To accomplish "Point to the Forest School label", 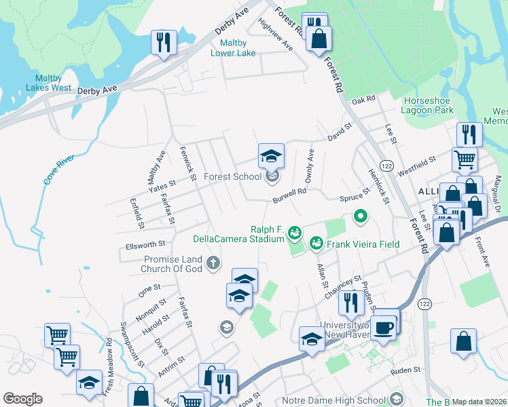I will tap(233, 177).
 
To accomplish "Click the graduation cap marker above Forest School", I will tap(270, 156).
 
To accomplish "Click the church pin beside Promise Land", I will tap(213, 263).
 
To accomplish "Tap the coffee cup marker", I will tap(383, 328).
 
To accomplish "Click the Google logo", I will tap(22, 399).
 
